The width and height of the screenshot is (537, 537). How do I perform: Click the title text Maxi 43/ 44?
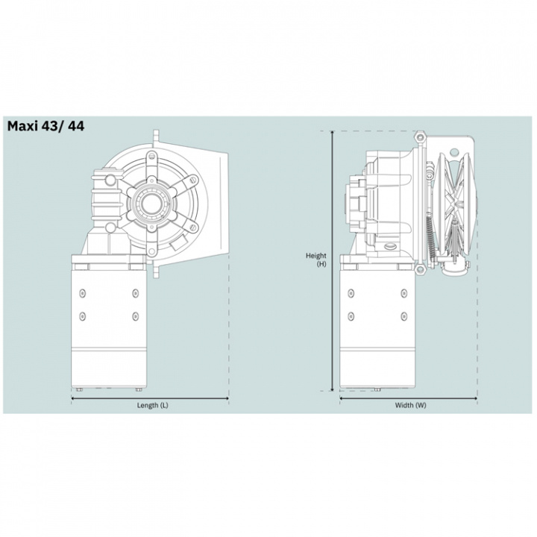pyautogui.click(x=45, y=126)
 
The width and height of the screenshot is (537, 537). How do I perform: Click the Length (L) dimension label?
pyautogui.click(x=151, y=405)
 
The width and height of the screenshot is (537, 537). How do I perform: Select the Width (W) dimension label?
pyautogui.click(x=410, y=405)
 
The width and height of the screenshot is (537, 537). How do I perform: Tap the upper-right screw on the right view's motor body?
pyautogui.click(x=403, y=291)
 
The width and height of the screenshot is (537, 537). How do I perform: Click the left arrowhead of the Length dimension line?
pyautogui.click(x=73, y=398)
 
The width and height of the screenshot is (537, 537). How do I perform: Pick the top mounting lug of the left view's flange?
pyautogui.click(x=155, y=136)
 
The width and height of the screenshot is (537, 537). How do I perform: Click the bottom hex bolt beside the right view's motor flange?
pyautogui.click(x=421, y=268)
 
